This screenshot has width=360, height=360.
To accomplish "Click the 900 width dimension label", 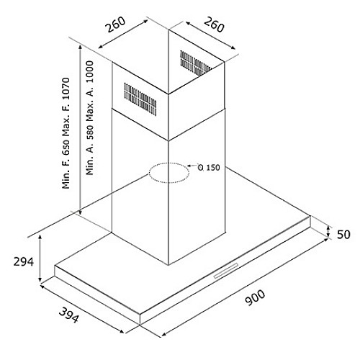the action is pos(256,297).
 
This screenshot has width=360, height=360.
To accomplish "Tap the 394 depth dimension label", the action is pos(69,315).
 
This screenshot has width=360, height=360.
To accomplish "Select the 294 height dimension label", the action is pos(24,261).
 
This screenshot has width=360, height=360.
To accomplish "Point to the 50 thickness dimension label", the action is pos(343,235).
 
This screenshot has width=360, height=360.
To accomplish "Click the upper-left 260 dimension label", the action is pos(116,24).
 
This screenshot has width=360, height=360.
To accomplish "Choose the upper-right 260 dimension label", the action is pos(214,24).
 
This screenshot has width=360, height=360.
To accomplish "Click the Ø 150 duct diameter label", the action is pos(209,167).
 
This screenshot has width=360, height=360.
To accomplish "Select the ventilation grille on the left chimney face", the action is pos(140,99).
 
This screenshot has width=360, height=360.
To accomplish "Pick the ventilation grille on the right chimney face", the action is pos(196,63).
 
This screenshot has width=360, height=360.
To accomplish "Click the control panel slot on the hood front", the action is pos(226,271).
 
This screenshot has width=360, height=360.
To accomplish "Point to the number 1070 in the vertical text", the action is pos(66,89).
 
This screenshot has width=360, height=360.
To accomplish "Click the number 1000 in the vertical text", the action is pos(89,73).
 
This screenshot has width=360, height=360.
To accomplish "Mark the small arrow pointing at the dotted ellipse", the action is pos(192,165).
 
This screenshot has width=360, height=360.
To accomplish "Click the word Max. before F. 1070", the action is pos(66,122).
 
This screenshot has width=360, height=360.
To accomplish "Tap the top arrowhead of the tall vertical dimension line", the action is pos(81,47).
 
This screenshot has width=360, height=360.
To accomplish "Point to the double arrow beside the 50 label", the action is pos(328,233).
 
